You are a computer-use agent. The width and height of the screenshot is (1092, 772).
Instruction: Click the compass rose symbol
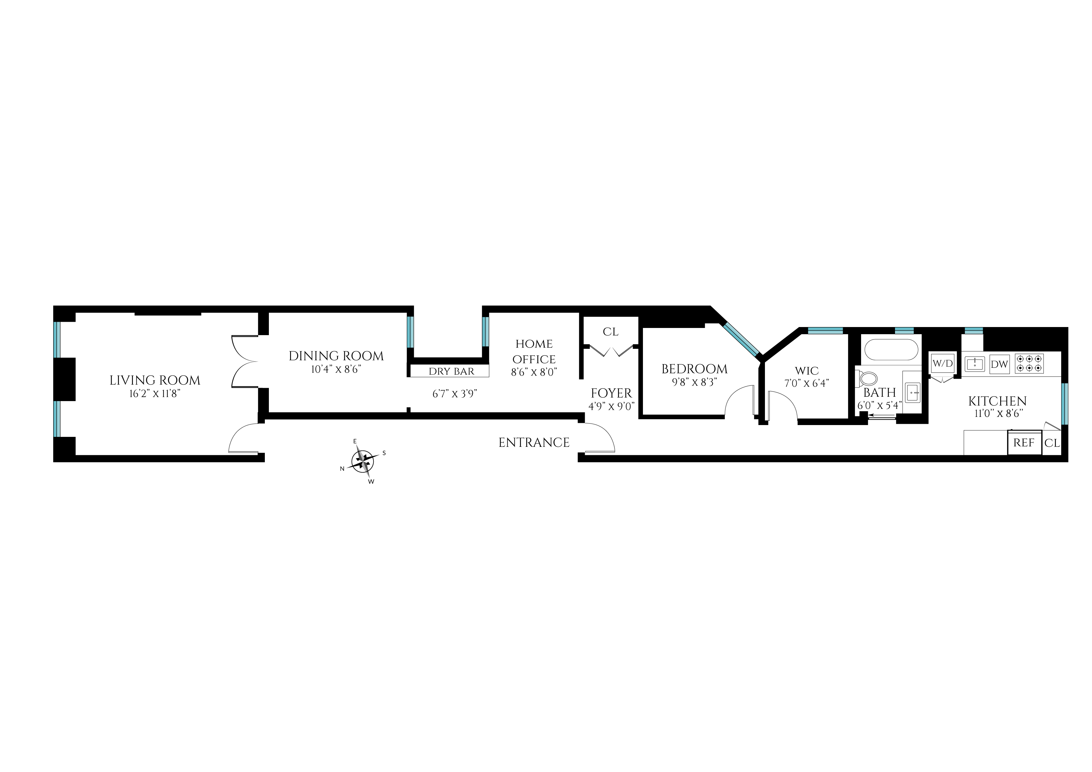tap(363, 461)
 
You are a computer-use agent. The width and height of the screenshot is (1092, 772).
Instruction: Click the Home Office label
tap(534, 351)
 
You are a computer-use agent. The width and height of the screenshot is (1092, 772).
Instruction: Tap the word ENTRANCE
tap(534, 443)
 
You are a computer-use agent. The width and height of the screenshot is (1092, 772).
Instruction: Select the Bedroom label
tap(694, 369)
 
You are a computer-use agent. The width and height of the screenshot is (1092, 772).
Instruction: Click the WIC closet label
tap(807, 371)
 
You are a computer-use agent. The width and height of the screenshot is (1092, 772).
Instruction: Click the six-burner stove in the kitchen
tap(1029, 363)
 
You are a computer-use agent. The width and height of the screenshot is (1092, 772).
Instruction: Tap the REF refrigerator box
tap(1024, 443)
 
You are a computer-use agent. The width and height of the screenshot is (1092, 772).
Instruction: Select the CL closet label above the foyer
tap(610, 331)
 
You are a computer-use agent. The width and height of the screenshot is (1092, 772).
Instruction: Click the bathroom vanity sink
tap(912, 393)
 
